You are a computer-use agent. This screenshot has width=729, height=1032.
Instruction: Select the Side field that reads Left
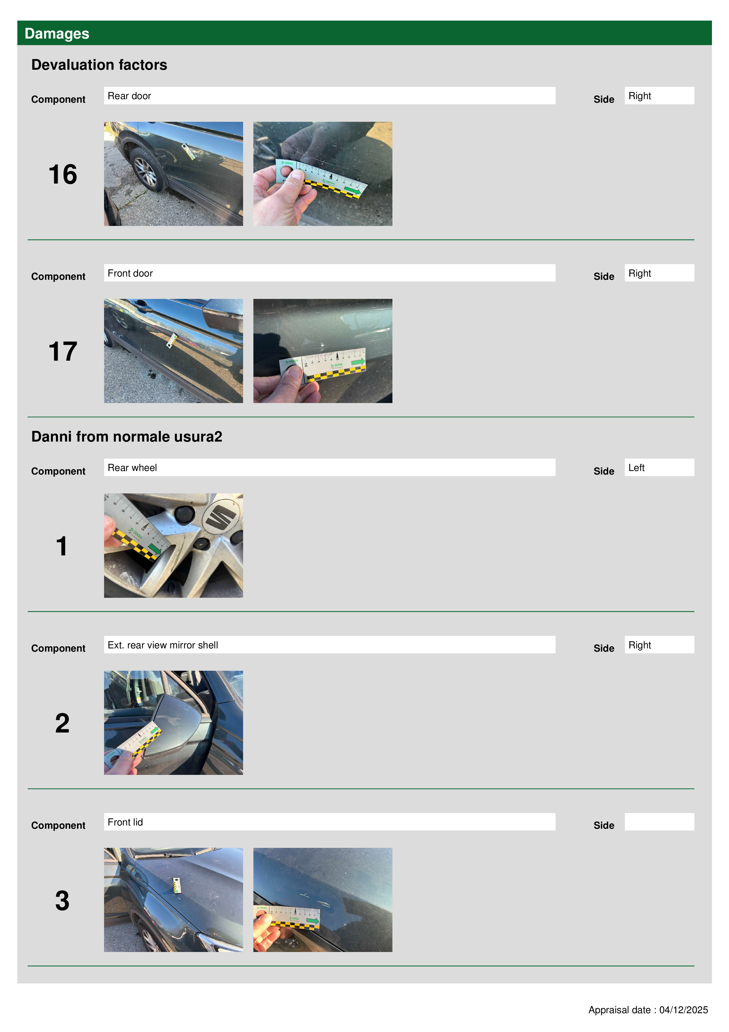point(659,467)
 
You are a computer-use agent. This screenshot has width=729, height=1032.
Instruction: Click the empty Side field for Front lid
point(659,822)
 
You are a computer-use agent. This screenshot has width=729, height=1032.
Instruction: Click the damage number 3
point(62,901)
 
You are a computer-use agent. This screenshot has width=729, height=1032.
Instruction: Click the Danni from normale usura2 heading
point(127,437)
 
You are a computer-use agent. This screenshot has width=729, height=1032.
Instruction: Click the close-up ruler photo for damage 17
point(322,351)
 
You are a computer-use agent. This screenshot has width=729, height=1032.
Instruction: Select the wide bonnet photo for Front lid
point(173,900)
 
